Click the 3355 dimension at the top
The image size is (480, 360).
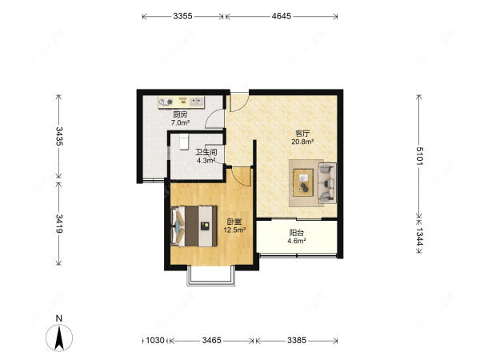pos(182,16)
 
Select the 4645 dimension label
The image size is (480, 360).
pos(282,16)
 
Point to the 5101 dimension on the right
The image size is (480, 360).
pos(419,156)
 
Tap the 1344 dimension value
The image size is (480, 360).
pos(419,237)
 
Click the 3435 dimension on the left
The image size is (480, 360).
pos(59,136)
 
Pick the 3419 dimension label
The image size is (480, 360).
pos(59,223)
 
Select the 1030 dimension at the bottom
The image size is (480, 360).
pos(155,340)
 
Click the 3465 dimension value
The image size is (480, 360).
pos(211,340)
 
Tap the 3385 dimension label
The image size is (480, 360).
pos(297,340)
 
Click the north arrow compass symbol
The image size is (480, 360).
pos(59,337)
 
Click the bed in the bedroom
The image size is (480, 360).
pos(194,226)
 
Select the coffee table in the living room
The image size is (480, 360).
pos(303,182)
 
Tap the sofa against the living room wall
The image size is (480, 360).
pos(327,183)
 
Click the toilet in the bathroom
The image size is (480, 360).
pos(184,142)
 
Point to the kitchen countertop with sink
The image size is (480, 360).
pos(182,102)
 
